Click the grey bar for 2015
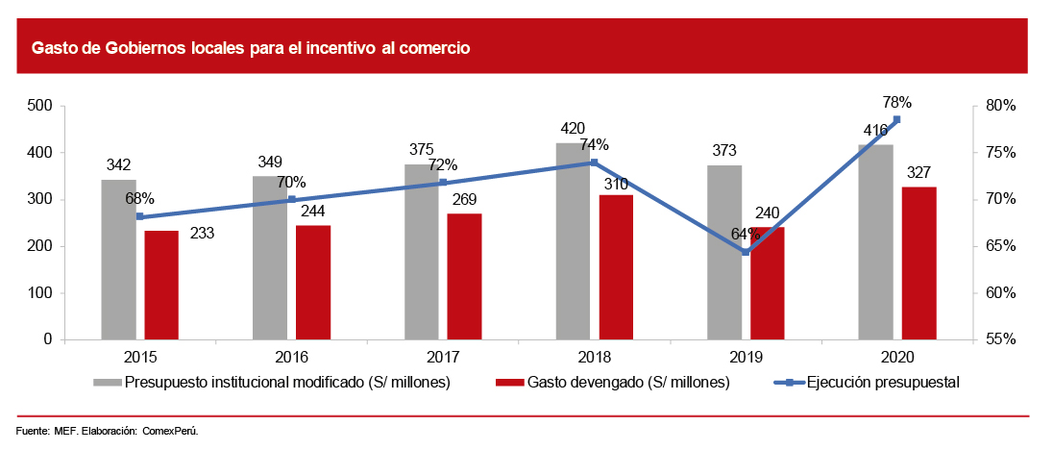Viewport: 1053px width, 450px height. (x=119, y=260)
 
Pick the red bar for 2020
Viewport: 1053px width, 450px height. (x=918, y=262)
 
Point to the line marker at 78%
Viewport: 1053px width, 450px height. (x=896, y=119)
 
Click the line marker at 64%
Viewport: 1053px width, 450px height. (x=746, y=252)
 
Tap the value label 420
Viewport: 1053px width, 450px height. (x=573, y=128)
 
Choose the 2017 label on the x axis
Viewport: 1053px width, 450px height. (x=442, y=358)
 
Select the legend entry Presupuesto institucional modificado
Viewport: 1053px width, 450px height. (x=287, y=383)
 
